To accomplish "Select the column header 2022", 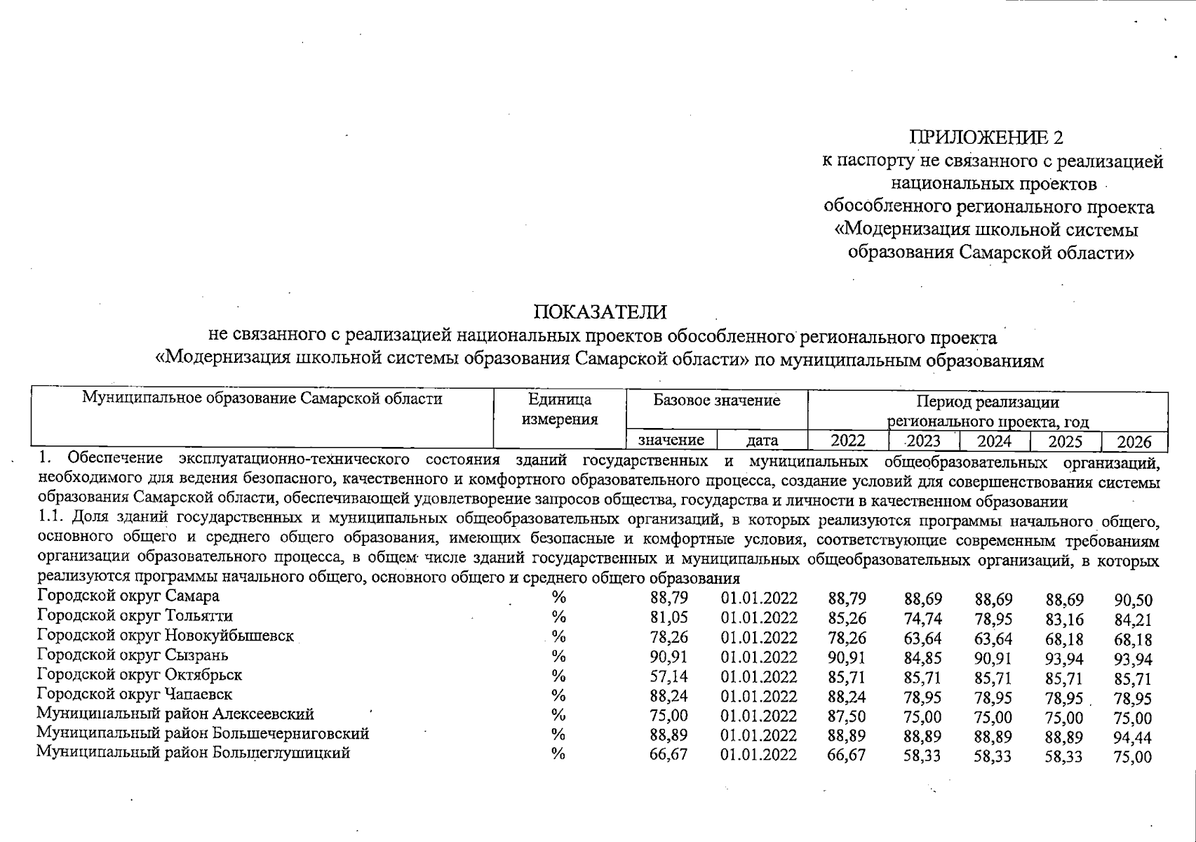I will click(847, 441).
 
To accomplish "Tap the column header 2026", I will click(1134, 442).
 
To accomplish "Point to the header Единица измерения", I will click(559, 410).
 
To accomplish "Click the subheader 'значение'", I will click(671, 441).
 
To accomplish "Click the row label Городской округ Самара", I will click(128, 596).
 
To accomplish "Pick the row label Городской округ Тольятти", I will click(135, 616).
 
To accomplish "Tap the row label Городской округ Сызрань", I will click(132, 655).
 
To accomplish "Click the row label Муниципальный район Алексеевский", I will click(175, 714).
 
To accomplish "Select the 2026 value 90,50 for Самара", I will click(1133, 601).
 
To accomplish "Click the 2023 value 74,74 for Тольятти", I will click(922, 619).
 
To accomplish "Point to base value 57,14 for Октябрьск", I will click(668, 676).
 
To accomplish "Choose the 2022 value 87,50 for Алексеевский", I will click(847, 716).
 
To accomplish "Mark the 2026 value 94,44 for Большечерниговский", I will click(1133, 738).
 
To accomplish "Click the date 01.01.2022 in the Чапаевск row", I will click(758, 697).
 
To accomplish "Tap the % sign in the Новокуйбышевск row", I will click(558, 636).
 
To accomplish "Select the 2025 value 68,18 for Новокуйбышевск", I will click(1063, 639).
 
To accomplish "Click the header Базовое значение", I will click(716, 401).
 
